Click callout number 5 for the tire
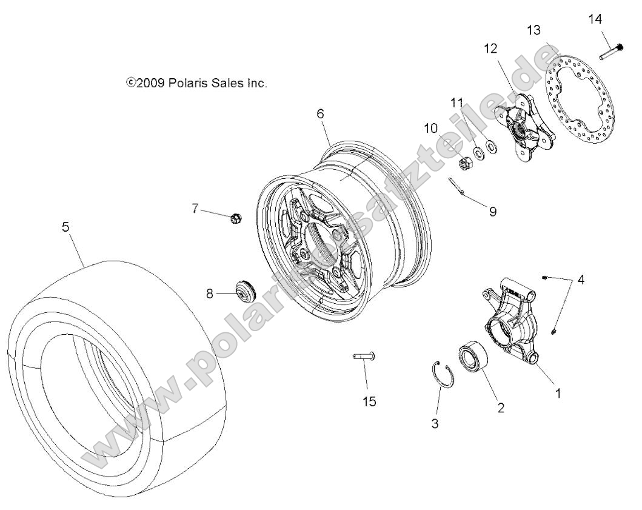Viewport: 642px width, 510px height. tap(65, 227)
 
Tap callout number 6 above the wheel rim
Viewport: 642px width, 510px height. tap(320, 113)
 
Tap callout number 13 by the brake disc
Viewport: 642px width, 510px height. tap(533, 30)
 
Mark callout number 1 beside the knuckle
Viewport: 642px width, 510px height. tap(558, 392)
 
